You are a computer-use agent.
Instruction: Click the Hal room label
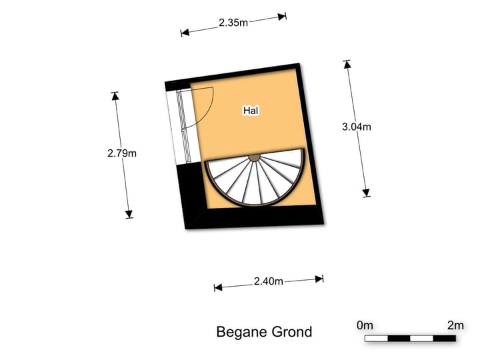(x=251, y=110)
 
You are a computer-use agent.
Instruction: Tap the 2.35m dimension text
(x=233, y=23)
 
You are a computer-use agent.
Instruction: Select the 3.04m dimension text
(x=357, y=127)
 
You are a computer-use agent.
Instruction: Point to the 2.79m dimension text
(x=122, y=153)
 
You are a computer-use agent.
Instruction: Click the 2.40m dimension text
(x=269, y=281)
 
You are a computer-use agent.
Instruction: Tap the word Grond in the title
(x=292, y=331)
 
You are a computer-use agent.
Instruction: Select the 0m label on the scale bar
(x=365, y=325)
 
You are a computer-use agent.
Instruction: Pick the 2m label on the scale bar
(x=455, y=325)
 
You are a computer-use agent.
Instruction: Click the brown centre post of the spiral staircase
(x=254, y=157)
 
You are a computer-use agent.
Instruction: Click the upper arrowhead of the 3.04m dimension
(x=347, y=64)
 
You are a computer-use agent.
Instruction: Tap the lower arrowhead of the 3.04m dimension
(x=366, y=193)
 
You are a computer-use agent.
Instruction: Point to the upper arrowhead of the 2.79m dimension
(x=115, y=96)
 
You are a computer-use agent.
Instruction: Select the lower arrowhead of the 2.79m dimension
(x=129, y=214)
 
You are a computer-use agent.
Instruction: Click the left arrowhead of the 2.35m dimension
(x=185, y=33)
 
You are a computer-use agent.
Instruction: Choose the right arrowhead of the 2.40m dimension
(x=319, y=279)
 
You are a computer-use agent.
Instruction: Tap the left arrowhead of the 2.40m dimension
(x=218, y=287)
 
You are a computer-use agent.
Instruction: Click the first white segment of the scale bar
(x=376, y=338)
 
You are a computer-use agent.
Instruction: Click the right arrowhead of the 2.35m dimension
(x=282, y=17)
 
